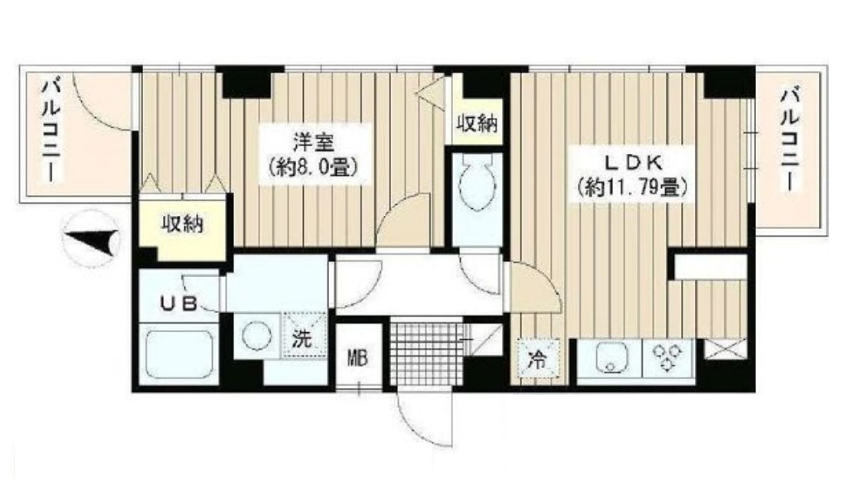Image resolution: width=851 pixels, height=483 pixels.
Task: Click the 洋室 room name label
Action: (311, 142)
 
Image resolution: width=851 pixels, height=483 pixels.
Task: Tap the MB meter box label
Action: (358, 357)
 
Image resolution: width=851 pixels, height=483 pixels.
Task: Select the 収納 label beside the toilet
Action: (478, 123)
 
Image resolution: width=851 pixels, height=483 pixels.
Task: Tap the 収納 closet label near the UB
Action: (182, 225)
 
